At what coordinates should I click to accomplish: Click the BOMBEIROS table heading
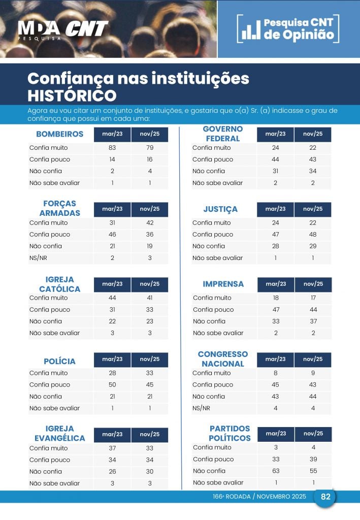59,135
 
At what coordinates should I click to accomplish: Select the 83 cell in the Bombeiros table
112,148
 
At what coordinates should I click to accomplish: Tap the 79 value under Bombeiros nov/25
150,148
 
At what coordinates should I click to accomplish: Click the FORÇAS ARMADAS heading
59,208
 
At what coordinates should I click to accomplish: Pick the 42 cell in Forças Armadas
150,223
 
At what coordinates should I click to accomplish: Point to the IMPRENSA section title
223,284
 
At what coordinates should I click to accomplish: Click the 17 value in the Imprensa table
313,298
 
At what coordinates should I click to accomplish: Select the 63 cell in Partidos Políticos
276,471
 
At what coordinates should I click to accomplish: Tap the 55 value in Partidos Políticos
313,471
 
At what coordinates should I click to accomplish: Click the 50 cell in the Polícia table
112,385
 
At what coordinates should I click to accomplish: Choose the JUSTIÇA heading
220,209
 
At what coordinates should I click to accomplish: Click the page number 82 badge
325,497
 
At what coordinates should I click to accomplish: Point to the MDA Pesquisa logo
39,30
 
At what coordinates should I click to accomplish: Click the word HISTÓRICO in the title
72,95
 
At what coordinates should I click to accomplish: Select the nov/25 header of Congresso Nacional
313,360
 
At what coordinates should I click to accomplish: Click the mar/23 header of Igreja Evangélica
112,435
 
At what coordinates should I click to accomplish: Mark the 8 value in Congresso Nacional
276,373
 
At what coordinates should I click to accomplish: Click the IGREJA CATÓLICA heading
59,284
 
